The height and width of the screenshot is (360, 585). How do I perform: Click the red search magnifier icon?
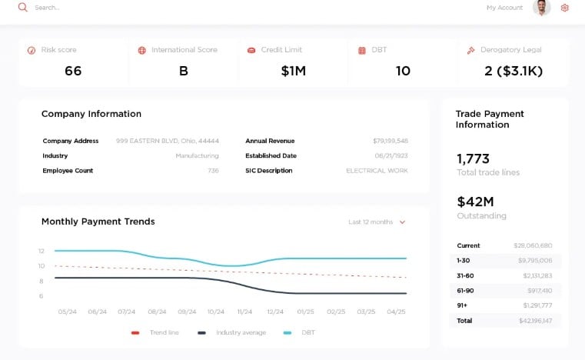(x=22, y=7)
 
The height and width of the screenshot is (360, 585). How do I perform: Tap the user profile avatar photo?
(x=542, y=8)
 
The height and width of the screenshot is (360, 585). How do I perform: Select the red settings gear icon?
(x=565, y=8)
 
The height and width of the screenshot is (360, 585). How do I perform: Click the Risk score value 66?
(x=73, y=71)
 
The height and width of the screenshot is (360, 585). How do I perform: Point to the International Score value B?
(x=184, y=71)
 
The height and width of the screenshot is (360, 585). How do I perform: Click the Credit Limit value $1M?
(x=293, y=71)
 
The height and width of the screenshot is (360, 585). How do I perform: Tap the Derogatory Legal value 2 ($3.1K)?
(x=514, y=71)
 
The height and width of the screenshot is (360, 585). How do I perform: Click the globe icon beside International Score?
(x=141, y=51)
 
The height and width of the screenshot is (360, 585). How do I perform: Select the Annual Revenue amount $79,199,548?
(x=390, y=141)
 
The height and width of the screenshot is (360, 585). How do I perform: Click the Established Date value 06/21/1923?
(x=391, y=155)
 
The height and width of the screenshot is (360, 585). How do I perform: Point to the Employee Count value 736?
(x=213, y=170)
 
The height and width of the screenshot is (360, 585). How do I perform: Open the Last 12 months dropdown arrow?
(x=402, y=222)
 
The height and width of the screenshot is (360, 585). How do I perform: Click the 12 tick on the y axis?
(x=42, y=251)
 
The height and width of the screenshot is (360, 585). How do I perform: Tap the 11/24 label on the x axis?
(x=245, y=312)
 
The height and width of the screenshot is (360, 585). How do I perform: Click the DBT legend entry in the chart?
(x=307, y=332)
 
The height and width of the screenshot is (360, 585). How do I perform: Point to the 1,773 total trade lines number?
(x=473, y=158)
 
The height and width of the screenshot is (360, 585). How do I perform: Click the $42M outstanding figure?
(x=475, y=202)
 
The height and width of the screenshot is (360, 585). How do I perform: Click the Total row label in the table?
(x=464, y=320)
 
